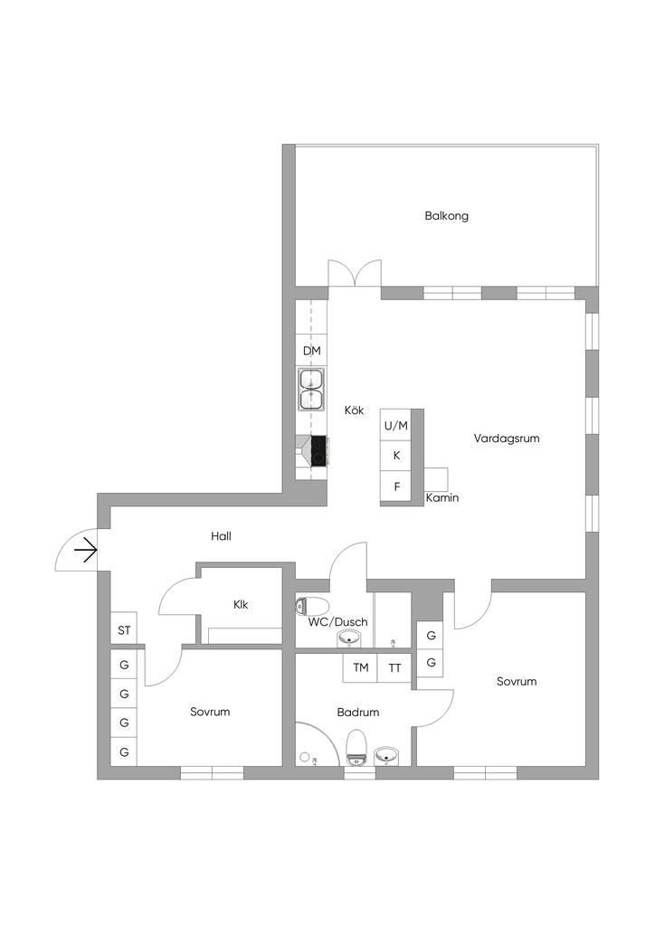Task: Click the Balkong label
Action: [446, 216]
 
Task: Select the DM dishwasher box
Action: [311, 351]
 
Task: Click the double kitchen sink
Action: [311, 389]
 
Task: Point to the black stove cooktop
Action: [318, 450]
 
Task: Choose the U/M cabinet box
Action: [396, 425]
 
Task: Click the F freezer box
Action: [396, 487]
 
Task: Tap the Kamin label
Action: [442, 498]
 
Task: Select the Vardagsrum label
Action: [507, 439]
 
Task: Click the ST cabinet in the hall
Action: [124, 629]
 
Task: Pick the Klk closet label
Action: [241, 605]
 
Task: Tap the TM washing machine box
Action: [360, 668]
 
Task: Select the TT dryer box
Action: [394, 668]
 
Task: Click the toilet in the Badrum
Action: [357, 747]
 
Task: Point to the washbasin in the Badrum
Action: [387, 754]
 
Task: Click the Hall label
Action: [221, 536]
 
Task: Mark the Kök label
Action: [354, 411]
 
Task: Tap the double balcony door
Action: [354, 275]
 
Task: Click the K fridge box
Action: [396, 456]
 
